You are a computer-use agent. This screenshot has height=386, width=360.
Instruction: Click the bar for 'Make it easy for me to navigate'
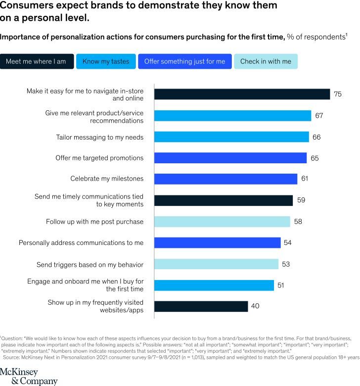pos(242,94)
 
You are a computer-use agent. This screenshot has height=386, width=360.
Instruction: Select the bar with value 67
pos(232,115)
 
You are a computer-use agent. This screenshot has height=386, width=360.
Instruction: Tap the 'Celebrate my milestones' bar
pos(225,179)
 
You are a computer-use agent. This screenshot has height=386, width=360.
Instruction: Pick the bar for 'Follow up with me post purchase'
pos(222,221)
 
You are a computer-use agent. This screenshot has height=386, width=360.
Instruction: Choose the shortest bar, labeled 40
pos(201,306)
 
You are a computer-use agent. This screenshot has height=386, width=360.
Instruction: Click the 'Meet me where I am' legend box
pos(37,61)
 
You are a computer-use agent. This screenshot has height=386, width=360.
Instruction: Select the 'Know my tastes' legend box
pos(106,61)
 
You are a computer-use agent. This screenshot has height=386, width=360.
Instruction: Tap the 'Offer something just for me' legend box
pos(184,61)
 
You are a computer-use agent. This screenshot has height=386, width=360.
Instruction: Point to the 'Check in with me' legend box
pos(266,61)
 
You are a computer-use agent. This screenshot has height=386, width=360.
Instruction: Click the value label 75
pos(338,94)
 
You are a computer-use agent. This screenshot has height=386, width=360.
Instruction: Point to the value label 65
pos(315,158)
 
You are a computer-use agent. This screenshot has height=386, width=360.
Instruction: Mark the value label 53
pos(286,264)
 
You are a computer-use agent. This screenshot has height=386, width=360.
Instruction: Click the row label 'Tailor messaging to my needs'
pos(99,137)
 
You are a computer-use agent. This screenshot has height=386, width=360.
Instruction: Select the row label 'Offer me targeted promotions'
pos(99,158)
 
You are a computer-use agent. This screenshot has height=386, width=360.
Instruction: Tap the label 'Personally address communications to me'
pos(81,242)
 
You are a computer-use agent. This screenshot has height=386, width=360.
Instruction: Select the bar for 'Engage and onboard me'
pos(214,285)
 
